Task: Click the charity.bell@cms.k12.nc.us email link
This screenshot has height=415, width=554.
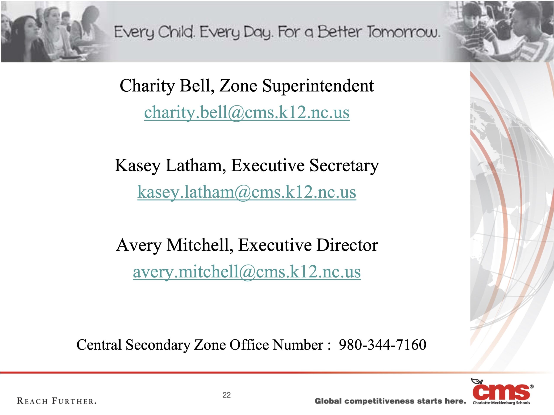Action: pos(247,113)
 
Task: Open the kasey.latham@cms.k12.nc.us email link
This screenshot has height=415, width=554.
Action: pos(247,192)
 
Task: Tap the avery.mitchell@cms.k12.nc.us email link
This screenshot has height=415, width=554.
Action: pos(247,272)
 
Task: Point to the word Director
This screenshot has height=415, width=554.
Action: pos(347,245)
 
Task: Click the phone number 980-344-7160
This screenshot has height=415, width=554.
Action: pos(382,345)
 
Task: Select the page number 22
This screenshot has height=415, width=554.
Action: pos(226,395)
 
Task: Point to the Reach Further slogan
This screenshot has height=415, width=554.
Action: pos(57,401)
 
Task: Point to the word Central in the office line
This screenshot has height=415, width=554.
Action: pos(99,345)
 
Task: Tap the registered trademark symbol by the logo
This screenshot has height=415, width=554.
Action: pos(532,386)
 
